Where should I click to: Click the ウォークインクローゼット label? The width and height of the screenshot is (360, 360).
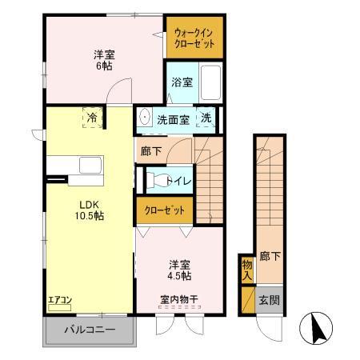[x=194, y=36]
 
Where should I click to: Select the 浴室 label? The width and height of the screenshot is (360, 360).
[x=181, y=82]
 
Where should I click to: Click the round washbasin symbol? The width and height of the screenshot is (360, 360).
[x=145, y=117]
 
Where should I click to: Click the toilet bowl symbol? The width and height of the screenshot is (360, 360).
[x=158, y=180]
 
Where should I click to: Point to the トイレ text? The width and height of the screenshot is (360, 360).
[x=178, y=181]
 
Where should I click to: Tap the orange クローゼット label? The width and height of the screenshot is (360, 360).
[x=164, y=211]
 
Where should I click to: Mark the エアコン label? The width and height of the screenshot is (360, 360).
[x=60, y=300]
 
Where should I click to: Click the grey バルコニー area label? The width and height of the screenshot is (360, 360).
[x=90, y=329]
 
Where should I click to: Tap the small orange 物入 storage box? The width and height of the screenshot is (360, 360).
[x=247, y=270]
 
